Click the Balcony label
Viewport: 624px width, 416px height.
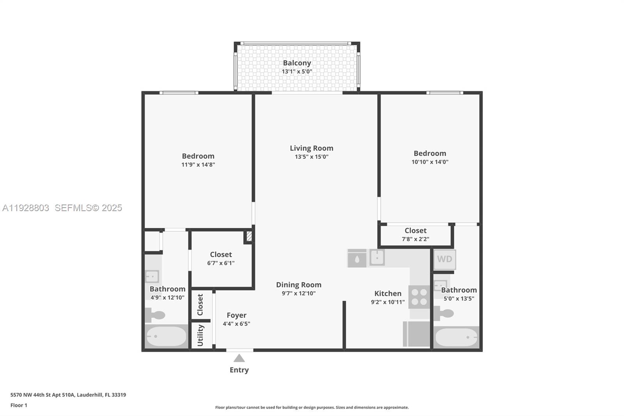297,63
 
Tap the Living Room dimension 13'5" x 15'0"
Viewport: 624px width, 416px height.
311,157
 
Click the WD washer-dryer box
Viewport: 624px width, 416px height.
444,259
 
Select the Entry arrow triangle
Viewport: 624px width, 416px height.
239,358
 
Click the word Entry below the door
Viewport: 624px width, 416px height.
239,370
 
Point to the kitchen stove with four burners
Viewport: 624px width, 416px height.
419,297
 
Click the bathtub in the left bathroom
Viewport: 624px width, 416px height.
166,336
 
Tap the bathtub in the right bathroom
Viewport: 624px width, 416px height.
456,337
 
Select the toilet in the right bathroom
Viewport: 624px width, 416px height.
443,313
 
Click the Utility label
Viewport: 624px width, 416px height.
200,335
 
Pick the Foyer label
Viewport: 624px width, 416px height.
236,315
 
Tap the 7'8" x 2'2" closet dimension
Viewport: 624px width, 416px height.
415,239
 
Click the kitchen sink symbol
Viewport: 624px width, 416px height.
377,258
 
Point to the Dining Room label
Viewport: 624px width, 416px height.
299,285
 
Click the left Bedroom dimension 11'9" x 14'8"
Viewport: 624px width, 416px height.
198,165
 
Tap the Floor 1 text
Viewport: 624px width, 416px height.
19,405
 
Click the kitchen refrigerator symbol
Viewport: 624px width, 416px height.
417,334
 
